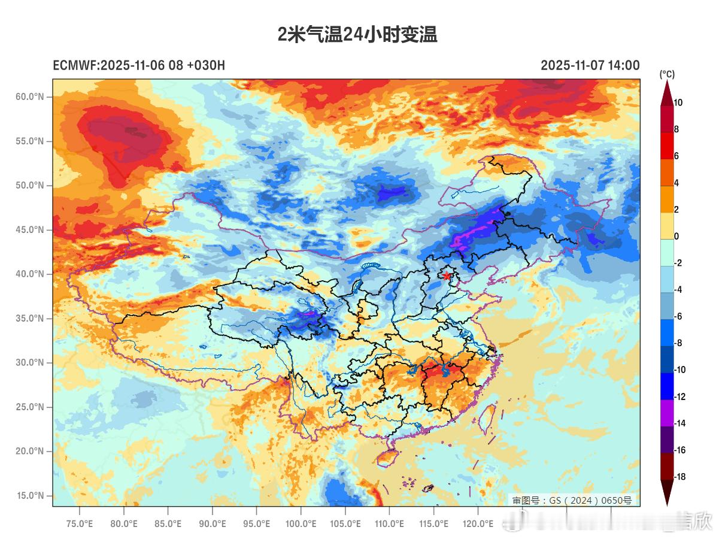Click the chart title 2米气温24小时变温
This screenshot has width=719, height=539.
[357, 35]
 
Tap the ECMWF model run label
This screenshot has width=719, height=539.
[139, 65]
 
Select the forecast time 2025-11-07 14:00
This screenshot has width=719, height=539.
[590, 65]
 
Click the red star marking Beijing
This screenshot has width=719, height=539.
[447, 275]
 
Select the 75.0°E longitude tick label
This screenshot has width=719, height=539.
[80, 524]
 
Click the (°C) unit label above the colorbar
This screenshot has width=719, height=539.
[667, 74]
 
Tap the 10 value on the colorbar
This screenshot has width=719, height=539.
[678, 102]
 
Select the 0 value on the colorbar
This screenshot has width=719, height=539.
[676, 237]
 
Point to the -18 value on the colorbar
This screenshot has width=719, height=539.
[679, 477]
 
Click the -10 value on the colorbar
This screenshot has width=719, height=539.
[679, 370]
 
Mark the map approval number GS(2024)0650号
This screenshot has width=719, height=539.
[572, 500]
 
